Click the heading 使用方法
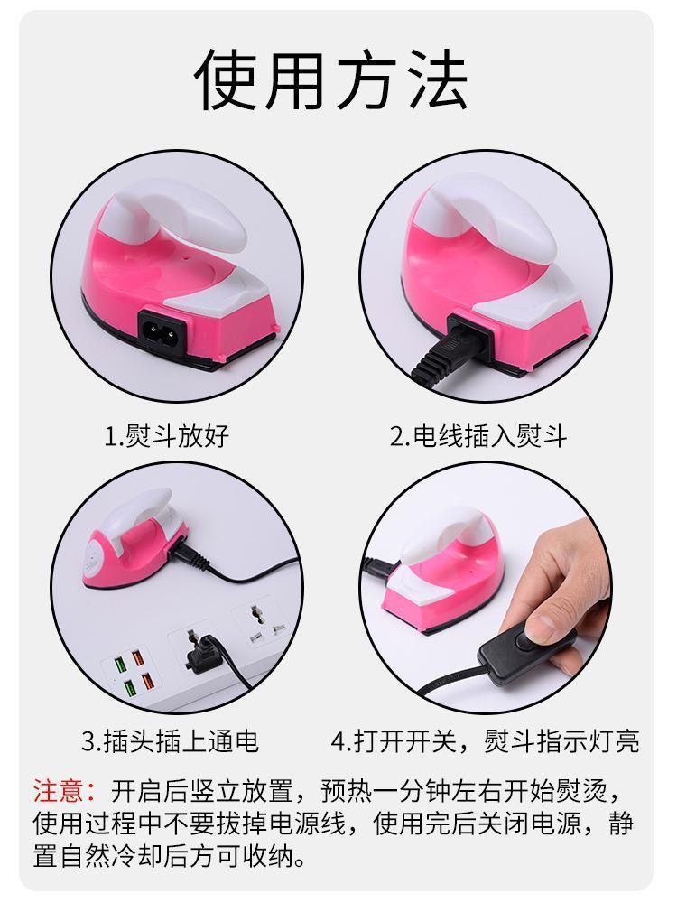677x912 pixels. click(x=331, y=80)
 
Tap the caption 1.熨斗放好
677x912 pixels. click(x=167, y=436)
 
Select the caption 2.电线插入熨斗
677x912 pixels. click(x=478, y=436)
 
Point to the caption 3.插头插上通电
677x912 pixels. click(x=170, y=741)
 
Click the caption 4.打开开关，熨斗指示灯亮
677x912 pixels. click(x=486, y=741)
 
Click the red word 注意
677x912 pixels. click(x=59, y=791)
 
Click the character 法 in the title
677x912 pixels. click(x=438, y=80)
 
